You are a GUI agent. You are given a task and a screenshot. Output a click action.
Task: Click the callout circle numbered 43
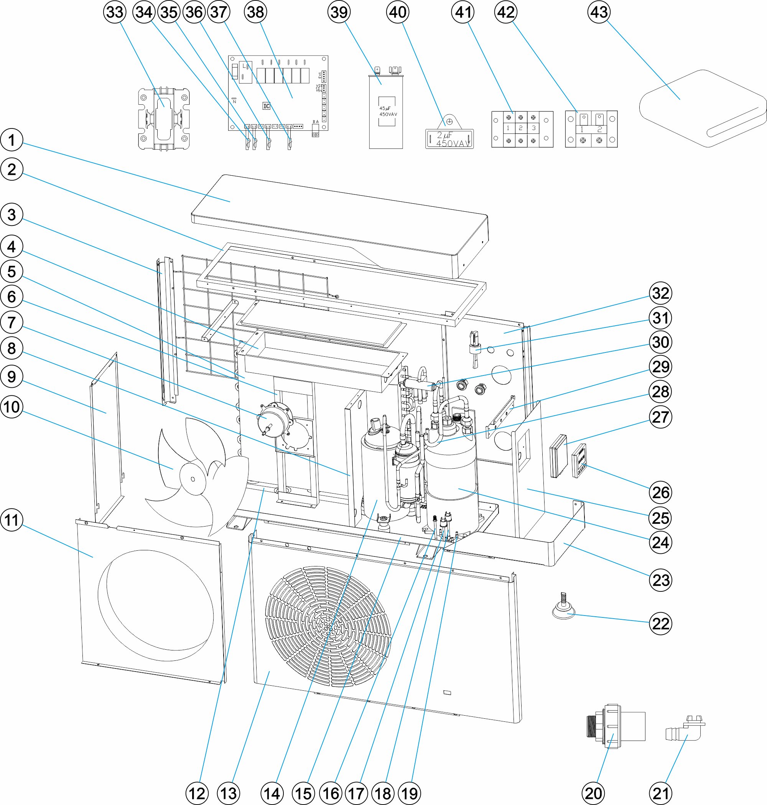[x=599, y=12]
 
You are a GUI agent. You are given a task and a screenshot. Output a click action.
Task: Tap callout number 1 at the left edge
[x=12, y=140]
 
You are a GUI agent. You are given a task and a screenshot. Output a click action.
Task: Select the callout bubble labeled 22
[x=660, y=624]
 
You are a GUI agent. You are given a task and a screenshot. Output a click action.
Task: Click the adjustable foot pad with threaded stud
[x=564, y=609]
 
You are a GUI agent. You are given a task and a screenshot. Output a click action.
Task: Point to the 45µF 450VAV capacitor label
[x=387, y=111]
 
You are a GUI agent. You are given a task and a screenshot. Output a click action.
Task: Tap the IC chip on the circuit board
[x=266, y=106]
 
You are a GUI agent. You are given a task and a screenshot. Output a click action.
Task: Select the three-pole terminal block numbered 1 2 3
[x=522, y=129]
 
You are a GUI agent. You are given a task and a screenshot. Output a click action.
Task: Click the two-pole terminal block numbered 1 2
[x=591, y=129]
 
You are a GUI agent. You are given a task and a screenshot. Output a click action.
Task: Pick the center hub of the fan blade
[x=193, y=479]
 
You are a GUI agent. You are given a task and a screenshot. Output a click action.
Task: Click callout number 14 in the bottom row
[x=272, y=793]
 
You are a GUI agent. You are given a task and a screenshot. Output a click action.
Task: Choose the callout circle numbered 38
[x=255, y=12]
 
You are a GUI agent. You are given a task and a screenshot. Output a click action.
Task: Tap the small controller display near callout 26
[x=579, y=460]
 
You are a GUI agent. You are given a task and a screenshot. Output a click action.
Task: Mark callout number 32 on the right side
[x=660, y=293]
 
